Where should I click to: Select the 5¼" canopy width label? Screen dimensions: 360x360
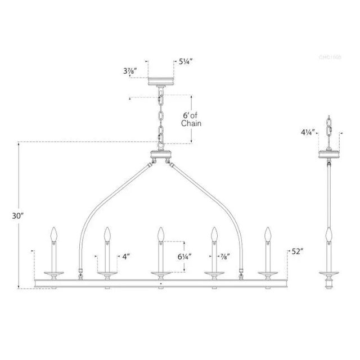tap(186, 62)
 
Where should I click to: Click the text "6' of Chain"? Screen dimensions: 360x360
tap(192, 119)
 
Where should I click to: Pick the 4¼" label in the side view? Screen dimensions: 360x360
tap(307, 133)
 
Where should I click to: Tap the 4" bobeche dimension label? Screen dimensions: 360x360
tap(127, 256)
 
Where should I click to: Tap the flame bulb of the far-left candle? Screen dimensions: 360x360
tap(55, 233)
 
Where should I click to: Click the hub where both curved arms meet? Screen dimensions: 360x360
tap(160, 156)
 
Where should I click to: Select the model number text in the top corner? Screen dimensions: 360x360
tap(329, 57)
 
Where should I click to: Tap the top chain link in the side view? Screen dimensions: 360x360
tap(328, 120)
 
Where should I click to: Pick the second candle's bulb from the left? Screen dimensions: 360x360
tap(107, 233)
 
